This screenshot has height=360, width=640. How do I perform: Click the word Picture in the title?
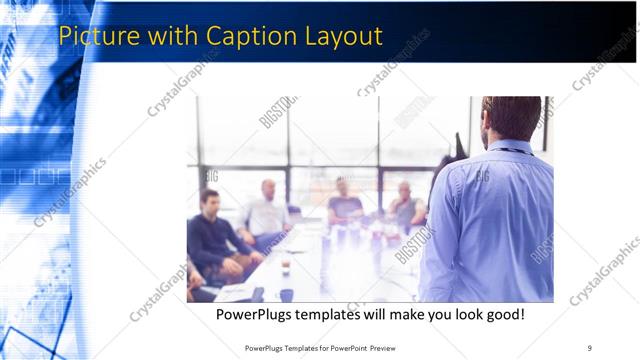coord(96,36)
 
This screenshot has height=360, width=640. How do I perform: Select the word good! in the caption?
coord(502,315)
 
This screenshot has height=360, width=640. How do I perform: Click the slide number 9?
coord(590,348)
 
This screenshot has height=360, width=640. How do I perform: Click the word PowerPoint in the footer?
coord(341,348)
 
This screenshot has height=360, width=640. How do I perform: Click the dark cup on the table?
coord(286,294)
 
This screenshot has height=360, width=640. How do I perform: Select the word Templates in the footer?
coord(302,348)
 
